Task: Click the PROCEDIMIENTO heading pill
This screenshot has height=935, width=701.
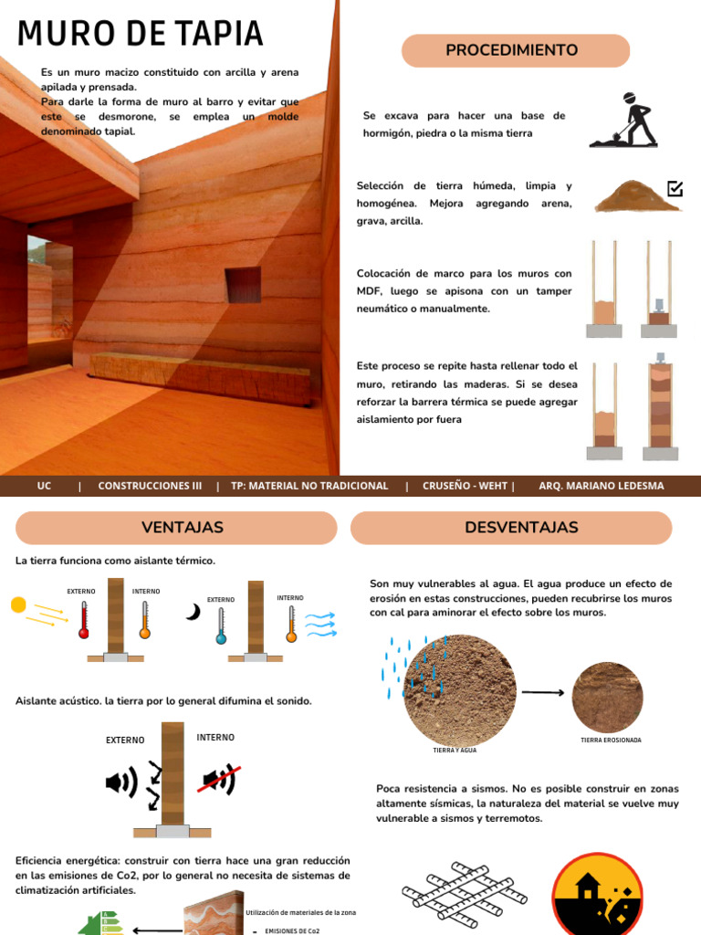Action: (x=516, y=50)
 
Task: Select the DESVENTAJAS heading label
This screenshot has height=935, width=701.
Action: (x=521, y=528)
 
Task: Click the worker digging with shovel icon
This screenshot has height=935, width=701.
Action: (x=625, y=120)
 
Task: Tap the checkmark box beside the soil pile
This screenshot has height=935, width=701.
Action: (x=675, y=189)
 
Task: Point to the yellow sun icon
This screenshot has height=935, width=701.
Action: (x=18, y=604)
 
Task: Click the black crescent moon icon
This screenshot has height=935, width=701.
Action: (x=193, y=613)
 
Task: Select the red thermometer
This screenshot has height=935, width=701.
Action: (x=84, y=619)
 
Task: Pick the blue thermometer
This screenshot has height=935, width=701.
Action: (x=221, y=625)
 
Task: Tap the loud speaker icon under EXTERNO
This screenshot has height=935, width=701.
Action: (x=121, y=782)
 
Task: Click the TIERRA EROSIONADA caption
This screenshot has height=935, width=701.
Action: (x=611, y=741)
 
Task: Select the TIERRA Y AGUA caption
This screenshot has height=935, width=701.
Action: (x=455, y=750)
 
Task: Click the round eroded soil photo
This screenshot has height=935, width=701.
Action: (x=607, y=697)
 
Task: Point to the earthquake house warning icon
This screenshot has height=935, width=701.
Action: (x=599, y=898)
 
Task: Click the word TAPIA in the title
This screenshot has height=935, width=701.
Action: (x=213, y=34)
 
